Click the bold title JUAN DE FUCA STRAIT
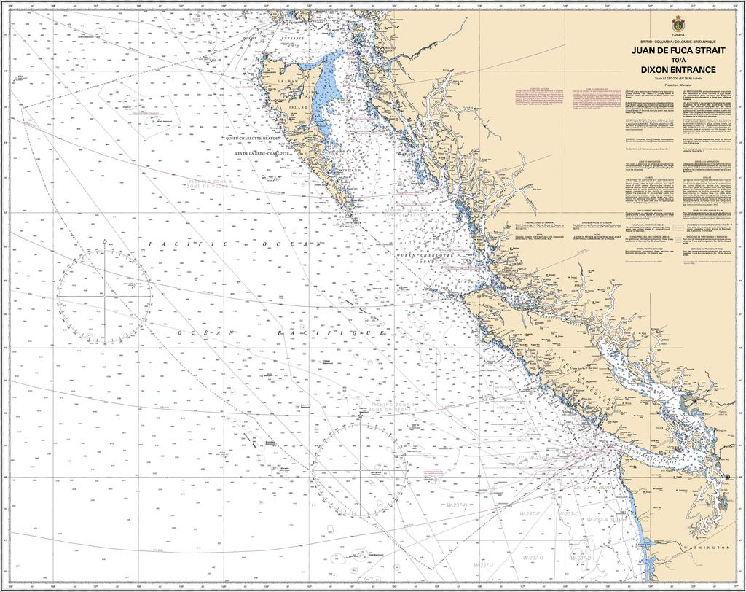pyautogui.click(x=678, y=50)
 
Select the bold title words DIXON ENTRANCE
pyautogui.click(x=678, y=69)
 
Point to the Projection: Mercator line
pyautogui.click(x=678, y=85)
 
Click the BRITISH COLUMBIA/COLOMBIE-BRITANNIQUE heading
pyautogui.click(x=678, y=42)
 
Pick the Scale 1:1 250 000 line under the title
pyautogui.click(x=678, y=78)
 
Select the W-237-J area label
pyautogui.click(x=484, y=565)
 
